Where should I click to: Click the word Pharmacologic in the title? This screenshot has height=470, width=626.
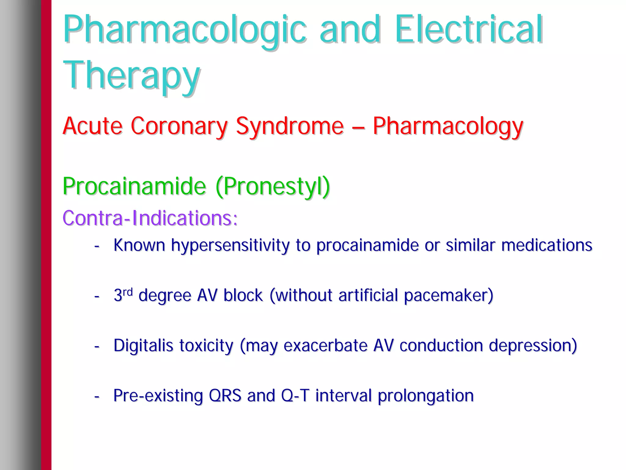184,30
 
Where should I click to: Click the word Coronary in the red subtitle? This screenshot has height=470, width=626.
179,126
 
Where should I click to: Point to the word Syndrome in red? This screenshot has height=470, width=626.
289,127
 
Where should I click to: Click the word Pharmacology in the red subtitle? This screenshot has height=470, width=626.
448,127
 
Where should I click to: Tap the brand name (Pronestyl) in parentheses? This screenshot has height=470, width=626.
273,187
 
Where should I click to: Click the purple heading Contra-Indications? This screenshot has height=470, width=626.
150,218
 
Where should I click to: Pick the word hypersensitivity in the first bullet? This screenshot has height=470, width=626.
230,246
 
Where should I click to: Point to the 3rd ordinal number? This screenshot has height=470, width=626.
123,295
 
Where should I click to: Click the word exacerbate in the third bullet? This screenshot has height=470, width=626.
325,346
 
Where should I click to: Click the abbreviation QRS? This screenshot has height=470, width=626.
225,395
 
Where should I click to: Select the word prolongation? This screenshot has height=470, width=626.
425,396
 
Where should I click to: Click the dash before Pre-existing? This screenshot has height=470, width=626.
97,397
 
